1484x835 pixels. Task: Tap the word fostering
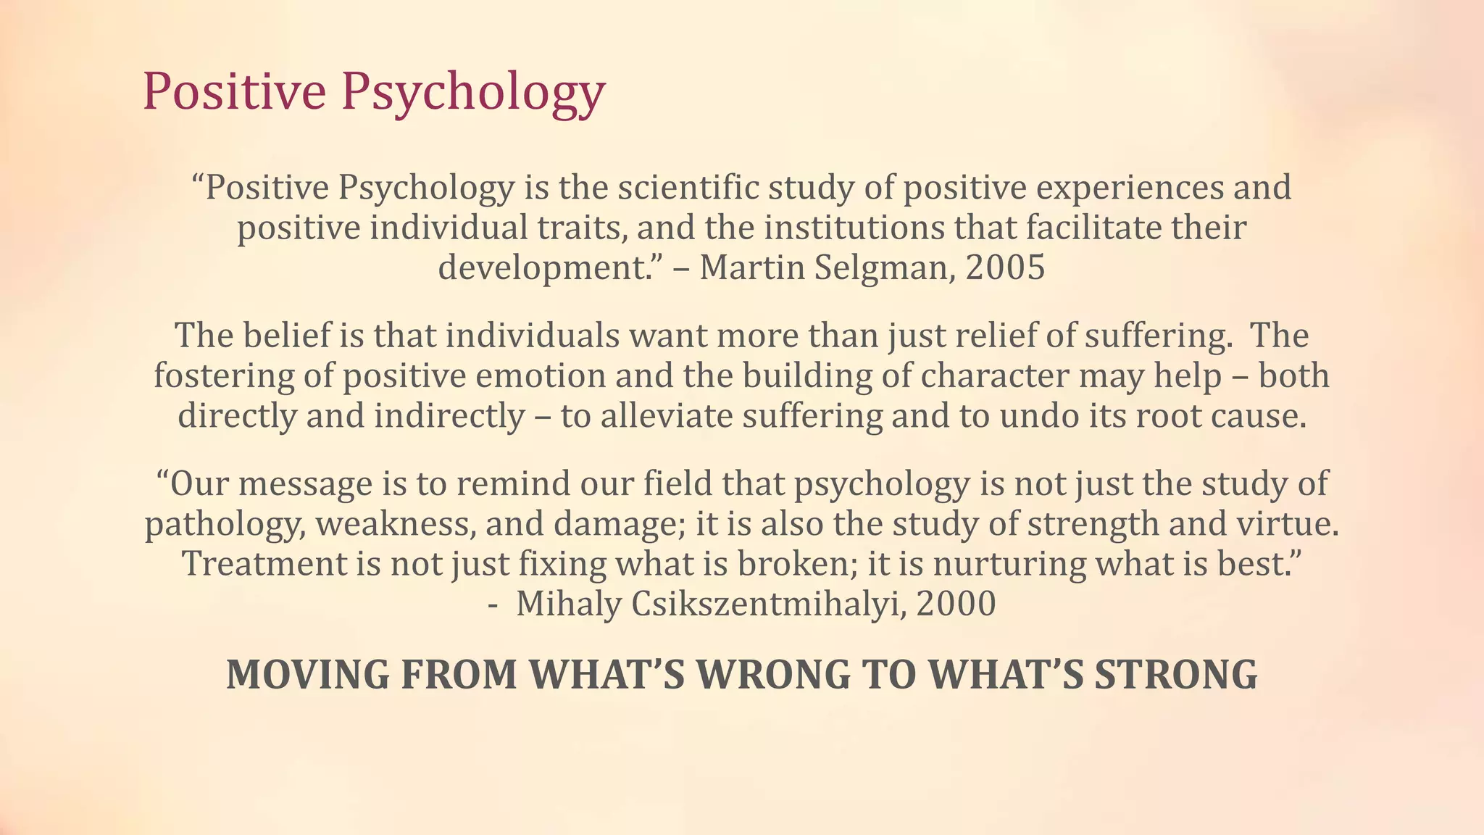pyautogui.click(x=223, y=376)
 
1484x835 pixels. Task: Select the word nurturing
pyautogui.click(x=1009, y=564)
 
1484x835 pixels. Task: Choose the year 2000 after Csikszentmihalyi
pyautogui.click(x=956, y=604)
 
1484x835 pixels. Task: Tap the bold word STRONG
pyautogui.click(x=1175, y=675)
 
